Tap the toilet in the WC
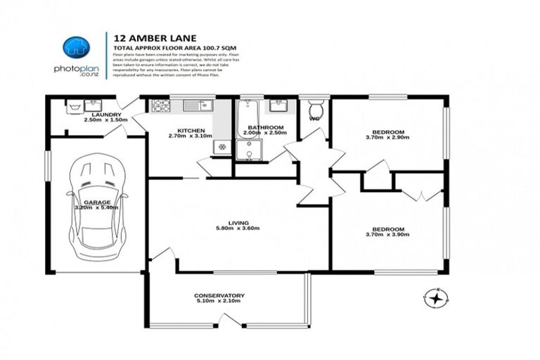click(316, 110)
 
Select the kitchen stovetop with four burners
click(160, 107)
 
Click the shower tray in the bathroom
click(248, 150)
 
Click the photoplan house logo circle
click(75, 48)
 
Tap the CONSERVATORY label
click(219, 295)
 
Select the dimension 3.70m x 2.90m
click(388, 139)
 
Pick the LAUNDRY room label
click(106, 114)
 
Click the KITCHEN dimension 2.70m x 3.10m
click(191, 137)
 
